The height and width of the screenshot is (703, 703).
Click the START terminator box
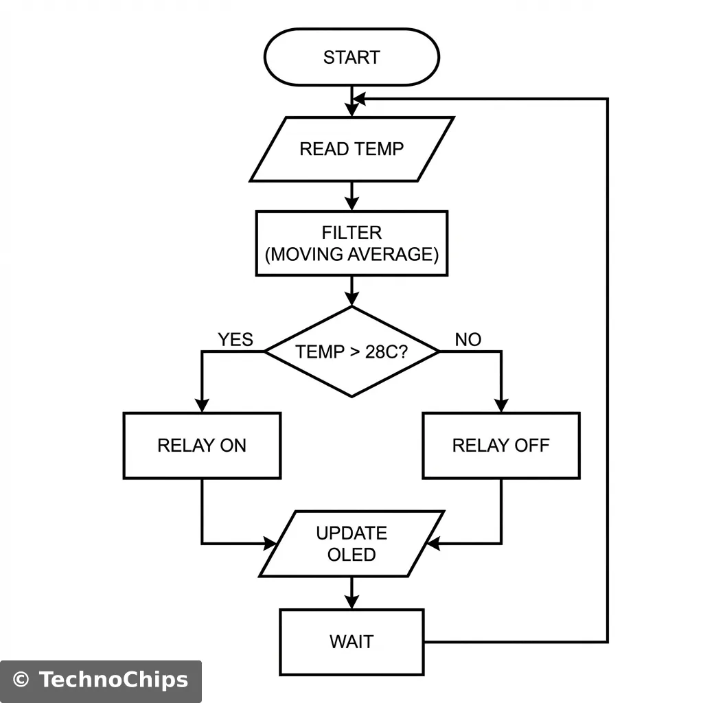(351, 58)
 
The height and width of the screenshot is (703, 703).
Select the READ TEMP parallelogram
(351, 149)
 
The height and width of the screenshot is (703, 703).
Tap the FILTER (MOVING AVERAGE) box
(351, 243)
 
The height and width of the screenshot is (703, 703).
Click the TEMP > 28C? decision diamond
(351, 351)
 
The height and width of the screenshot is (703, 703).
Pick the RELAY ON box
(202, 446)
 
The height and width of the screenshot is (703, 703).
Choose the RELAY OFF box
(500, 446)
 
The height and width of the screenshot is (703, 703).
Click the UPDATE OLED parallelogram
(351, 544)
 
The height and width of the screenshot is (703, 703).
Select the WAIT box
(351, 642)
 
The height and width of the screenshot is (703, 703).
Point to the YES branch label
(235, 340)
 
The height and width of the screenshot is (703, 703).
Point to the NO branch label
(468, 340)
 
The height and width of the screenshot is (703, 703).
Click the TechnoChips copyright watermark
(101, 680)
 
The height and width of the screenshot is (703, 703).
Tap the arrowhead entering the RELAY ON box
(202, 405)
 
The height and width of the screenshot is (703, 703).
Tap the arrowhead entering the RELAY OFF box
(500, 405)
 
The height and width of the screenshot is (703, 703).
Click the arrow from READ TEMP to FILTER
(351, 196)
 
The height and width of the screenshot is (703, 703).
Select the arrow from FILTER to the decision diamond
(351, 290)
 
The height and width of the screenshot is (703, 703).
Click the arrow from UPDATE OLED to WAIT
(351, 592)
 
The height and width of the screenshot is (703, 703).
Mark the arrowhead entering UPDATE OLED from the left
(268, 544)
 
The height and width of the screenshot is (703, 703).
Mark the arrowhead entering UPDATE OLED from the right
(434, 544)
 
